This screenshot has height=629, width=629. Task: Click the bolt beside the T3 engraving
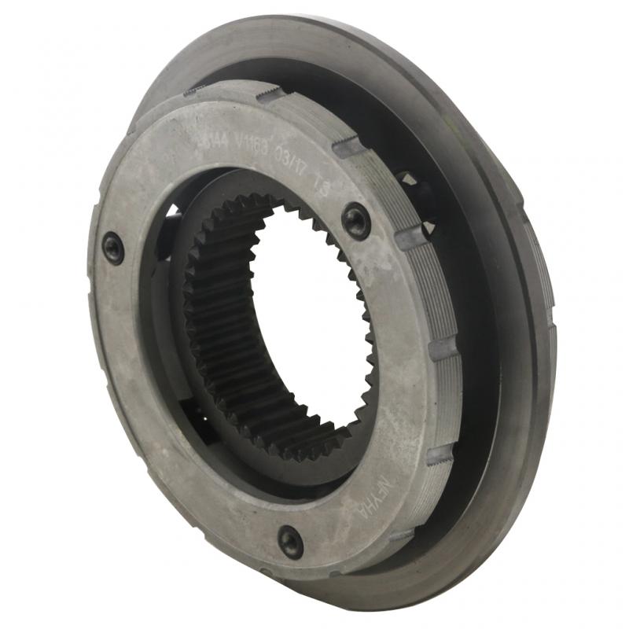click(356, 221)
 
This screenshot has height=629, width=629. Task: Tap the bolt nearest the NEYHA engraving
click(290, 541)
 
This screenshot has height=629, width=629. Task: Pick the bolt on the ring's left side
click(113, 248)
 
